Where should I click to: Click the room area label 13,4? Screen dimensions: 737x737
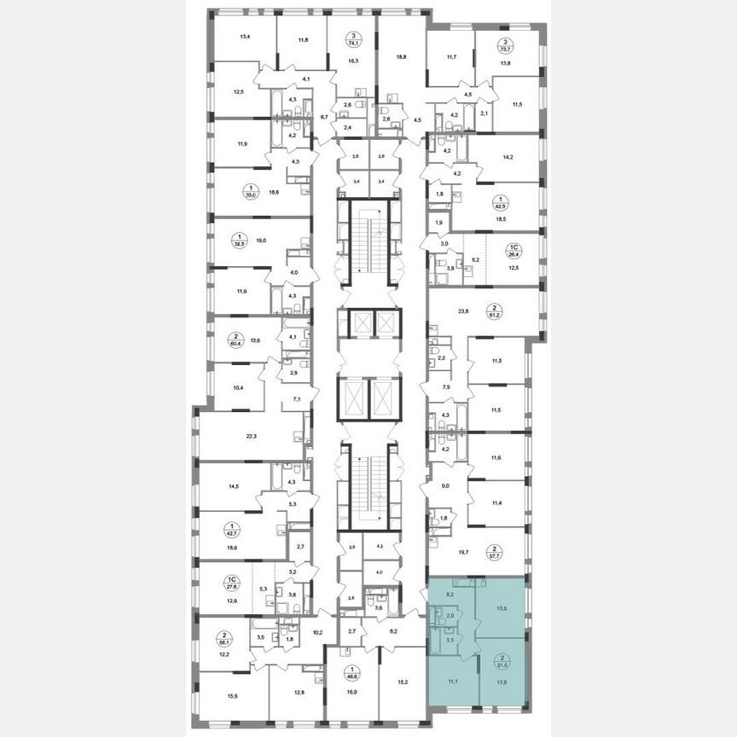pos(245,37)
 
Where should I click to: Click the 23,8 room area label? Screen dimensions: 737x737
pos(464,310)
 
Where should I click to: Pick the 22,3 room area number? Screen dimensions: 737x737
pos(251,435)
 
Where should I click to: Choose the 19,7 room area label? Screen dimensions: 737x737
pos(464,553)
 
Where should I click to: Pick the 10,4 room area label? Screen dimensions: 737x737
pos(238,387)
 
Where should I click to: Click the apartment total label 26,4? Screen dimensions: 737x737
pos(515,252)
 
